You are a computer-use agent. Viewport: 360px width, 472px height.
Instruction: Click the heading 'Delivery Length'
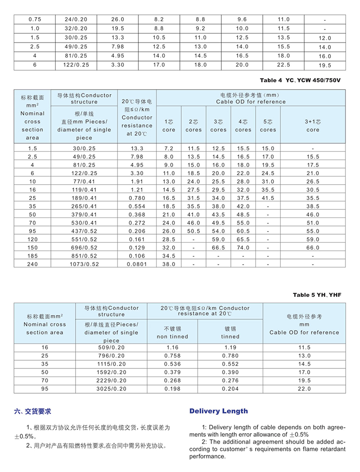point(218,411)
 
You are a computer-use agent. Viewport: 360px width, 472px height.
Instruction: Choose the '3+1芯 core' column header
point(312,126)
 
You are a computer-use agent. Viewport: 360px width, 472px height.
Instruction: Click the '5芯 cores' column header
point(268,126)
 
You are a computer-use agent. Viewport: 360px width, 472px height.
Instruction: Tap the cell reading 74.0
point(243,248)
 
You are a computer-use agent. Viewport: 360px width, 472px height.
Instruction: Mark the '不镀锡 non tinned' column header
point(172,332)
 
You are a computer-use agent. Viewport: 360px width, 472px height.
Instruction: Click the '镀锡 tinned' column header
point(230,332)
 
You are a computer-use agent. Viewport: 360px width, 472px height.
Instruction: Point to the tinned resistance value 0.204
point(230,388)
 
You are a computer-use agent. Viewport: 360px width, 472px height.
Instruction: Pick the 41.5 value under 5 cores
point(268,198)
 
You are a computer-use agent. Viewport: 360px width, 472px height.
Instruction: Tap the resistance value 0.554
point(137,206)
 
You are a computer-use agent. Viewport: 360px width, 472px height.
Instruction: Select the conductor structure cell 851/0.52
point(85,256)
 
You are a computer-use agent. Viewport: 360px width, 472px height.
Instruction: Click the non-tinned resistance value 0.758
point(172,355)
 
